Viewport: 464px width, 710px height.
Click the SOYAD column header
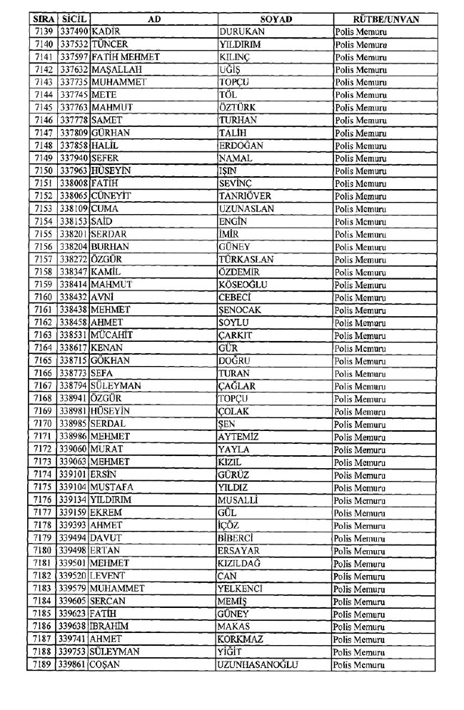275,19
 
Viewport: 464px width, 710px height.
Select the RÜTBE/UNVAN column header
386,19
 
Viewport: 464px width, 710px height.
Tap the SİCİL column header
74,19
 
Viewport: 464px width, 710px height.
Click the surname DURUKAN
241,32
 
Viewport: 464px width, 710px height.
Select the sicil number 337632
74,70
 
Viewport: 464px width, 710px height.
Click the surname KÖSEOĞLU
243,285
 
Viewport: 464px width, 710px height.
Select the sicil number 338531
74,335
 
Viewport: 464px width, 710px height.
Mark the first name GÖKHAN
111,361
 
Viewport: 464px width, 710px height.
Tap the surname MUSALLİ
238,500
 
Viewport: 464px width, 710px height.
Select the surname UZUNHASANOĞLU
258,665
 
